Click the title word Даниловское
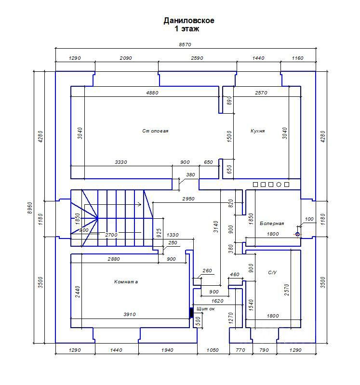tap(189, 21)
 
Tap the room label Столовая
tap(155, 131)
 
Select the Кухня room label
tap(258, 131)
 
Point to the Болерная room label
tap(272, 223)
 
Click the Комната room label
tap(126, 282)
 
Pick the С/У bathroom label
tap(272, 272)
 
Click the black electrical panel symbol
tap(191, 313)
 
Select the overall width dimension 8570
tap(185, 44)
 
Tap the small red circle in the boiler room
tap(297, 234)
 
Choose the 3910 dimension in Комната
tap(129, 314)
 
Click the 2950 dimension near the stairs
tap(188, 199)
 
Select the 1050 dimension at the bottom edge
tap(213, 350)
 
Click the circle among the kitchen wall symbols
tap(279, 184)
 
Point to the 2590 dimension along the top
tap(197, 58)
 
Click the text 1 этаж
tap(187, 29)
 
